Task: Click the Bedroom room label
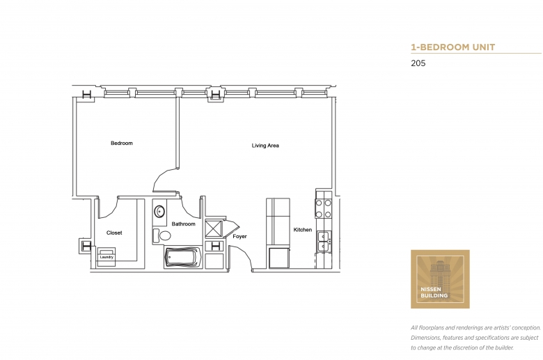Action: [122, 143]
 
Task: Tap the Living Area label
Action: [265, 146]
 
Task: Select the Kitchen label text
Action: [303, 230]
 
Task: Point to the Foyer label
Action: [239, 236]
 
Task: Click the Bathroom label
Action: [184, 224]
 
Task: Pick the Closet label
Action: [114, 233]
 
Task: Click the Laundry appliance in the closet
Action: [107, 257]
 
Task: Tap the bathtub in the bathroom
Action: [182, 257]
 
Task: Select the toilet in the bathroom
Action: [162, 236]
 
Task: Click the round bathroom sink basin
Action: [159, 212]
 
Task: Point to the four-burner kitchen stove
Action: [324, 208]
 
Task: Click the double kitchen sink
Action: [324, 241]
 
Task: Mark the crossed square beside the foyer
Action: [214, 228]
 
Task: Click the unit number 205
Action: [418, 63]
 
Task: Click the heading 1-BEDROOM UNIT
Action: [453, 47]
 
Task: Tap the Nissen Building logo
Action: [440, 279]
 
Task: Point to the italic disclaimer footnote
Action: [475, 338]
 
